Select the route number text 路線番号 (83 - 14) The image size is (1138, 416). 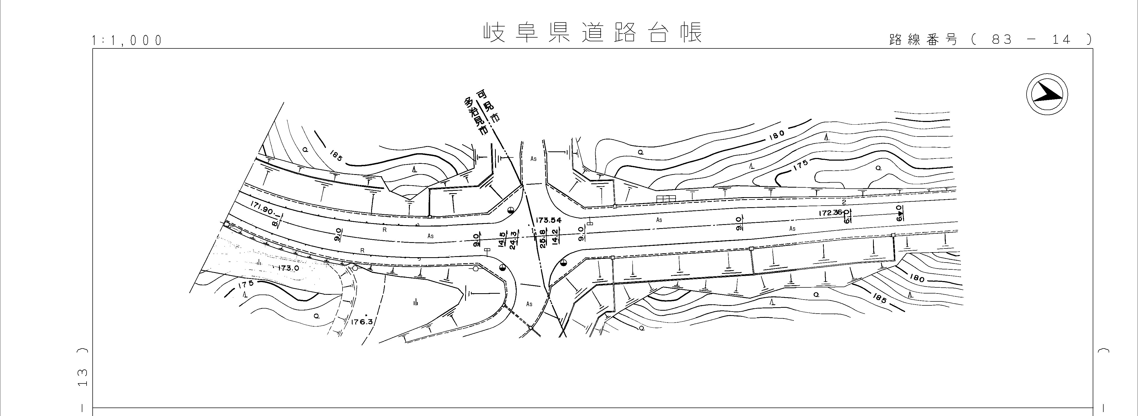click(x=989, y=40)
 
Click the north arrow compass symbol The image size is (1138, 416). click(x=1047, y=95)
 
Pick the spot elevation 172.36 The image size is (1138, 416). click(x=830, y=213)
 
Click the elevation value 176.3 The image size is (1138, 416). click(x=362, y=322)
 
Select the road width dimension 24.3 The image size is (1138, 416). click(x=513, y=240)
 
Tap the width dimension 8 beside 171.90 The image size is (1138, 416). click(x=275, y=223)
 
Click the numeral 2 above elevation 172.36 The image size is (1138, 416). click(x=844, y=202)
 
